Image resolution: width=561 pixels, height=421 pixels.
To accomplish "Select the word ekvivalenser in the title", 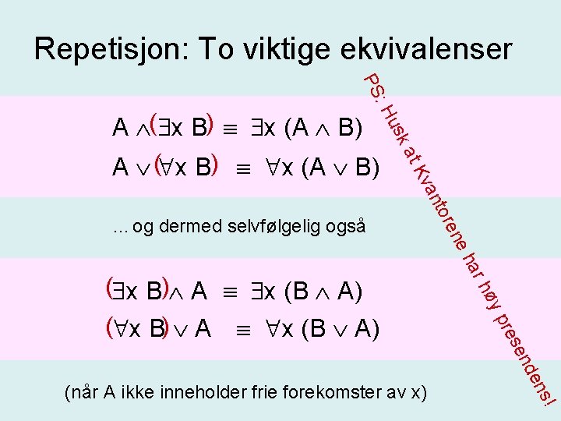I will click(426, 49).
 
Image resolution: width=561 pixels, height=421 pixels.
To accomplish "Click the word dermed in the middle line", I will click(191, 227).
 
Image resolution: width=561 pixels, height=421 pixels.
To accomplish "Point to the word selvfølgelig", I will click(277, 227).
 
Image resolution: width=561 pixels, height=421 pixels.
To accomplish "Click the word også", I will click(347, 227).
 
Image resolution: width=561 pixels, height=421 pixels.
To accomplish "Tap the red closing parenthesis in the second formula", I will click(213, 165).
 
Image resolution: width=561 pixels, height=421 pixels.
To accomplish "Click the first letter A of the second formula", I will click(121, 168).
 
